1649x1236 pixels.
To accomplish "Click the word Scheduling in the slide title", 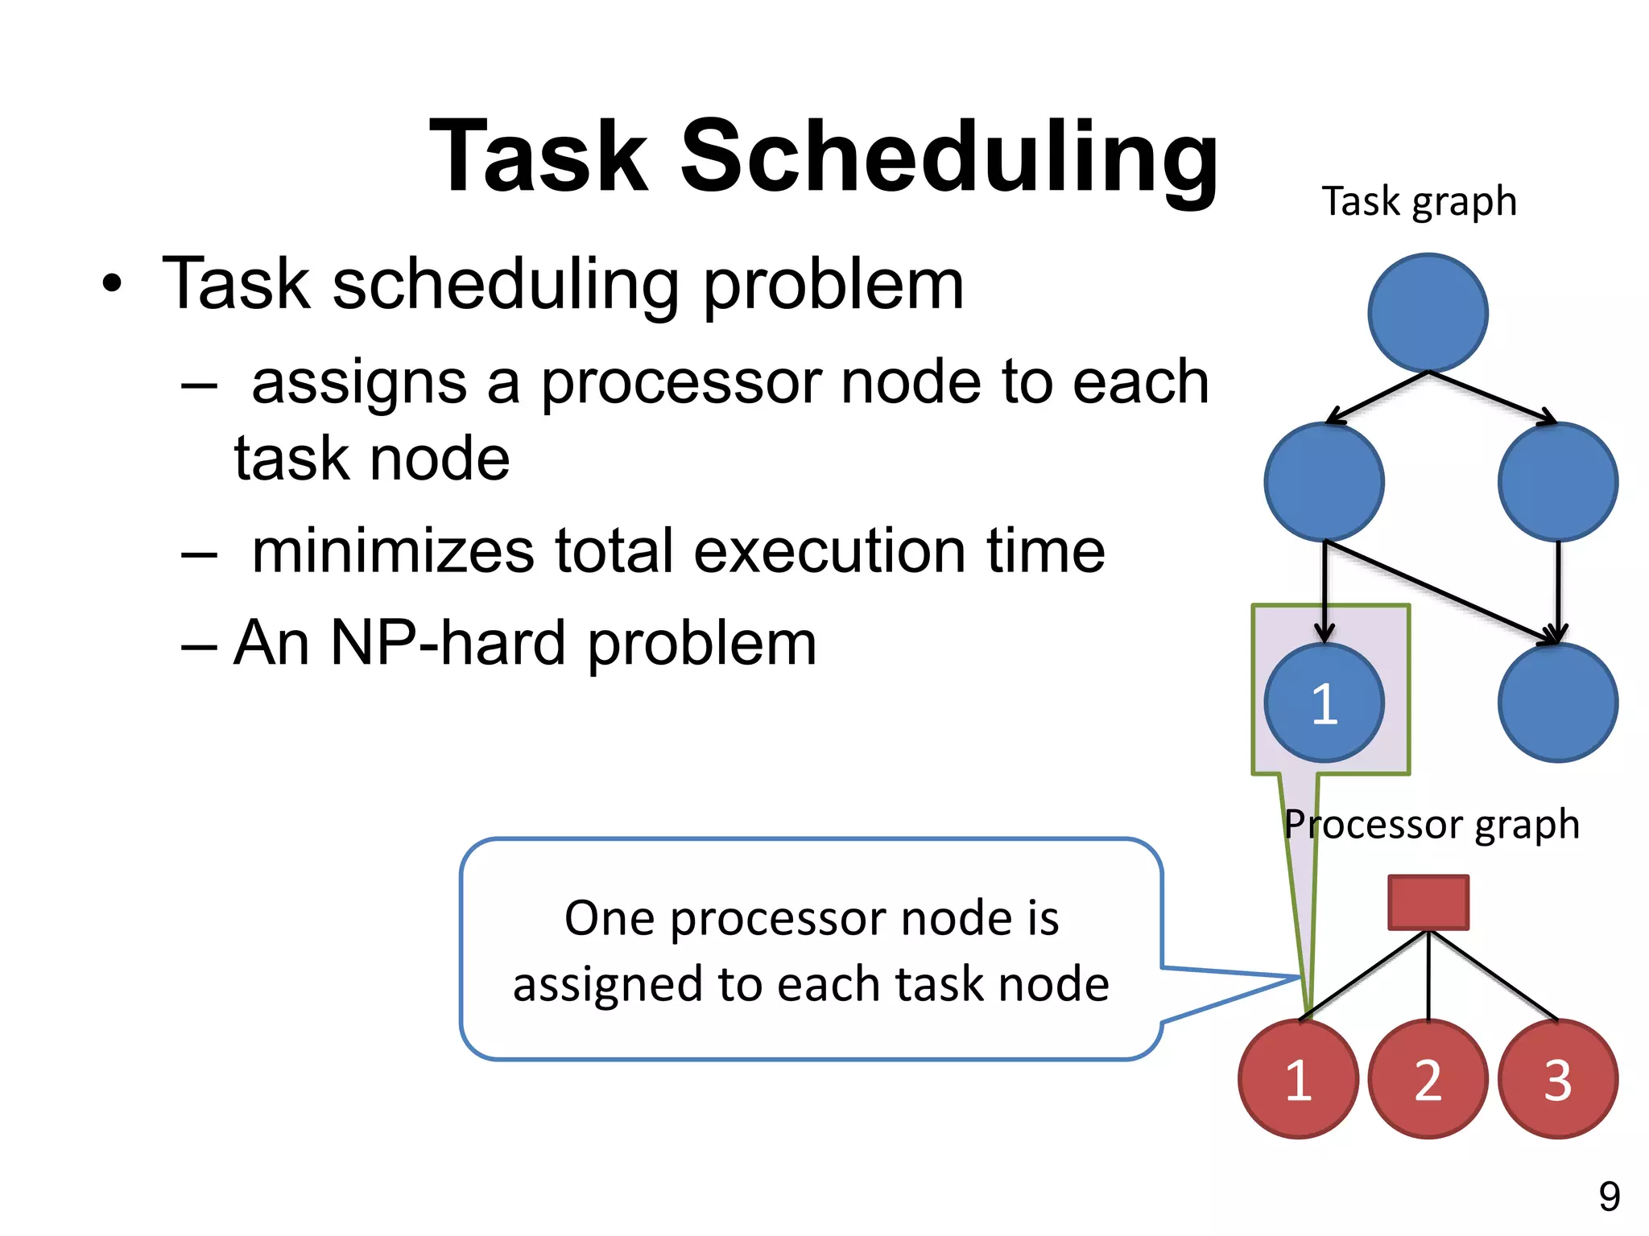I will (950, 157).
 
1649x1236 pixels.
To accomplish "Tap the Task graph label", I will (1419, 201).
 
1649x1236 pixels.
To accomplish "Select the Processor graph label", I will (1432, 824).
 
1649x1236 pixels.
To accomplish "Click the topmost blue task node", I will (1428, 313).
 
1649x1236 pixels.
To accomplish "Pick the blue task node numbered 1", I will (1324, 702).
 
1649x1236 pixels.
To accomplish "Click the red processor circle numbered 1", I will (1298, 1079).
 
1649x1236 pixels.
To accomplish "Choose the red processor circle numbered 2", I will (1428, 1079).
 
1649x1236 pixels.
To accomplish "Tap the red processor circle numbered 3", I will (1557, 1079).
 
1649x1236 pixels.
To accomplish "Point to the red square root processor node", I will (1428, 902).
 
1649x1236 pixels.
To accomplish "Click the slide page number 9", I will (1609, 1197).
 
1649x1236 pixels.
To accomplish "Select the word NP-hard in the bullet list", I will (448, 643).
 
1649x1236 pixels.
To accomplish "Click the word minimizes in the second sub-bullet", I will (393, 551).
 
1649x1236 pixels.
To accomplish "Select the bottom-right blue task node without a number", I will (1557, 702).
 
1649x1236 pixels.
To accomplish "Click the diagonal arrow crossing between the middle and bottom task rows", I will (1441, 592).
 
